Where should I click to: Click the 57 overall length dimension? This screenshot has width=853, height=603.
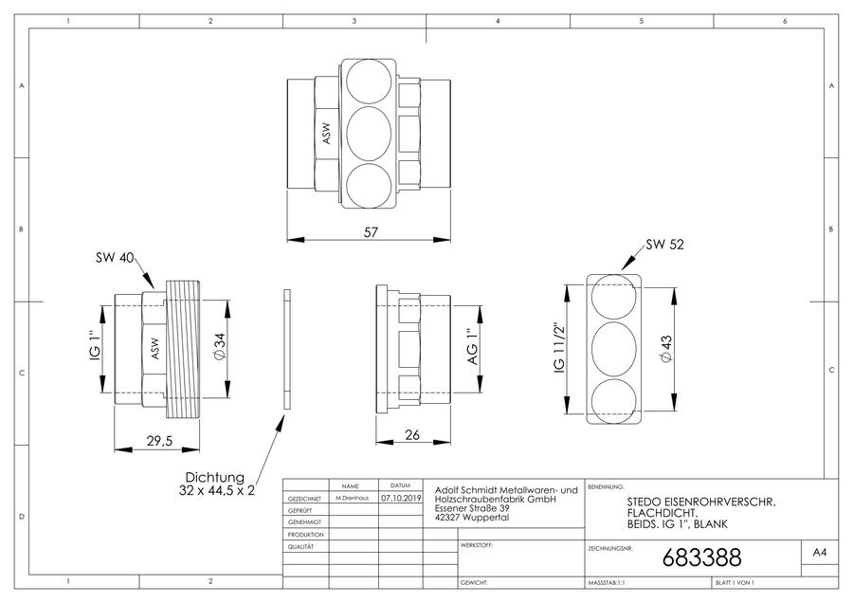coord(371,232)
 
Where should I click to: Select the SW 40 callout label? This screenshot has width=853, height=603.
coord(115,258)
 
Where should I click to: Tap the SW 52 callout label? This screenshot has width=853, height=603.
coord(664,245)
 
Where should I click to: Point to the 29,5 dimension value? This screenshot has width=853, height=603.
coord(159,440)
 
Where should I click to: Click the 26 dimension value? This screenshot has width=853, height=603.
coord(412,435)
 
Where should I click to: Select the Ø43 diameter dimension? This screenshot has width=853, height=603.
coord(666,348)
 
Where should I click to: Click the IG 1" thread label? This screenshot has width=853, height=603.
coord(95,346)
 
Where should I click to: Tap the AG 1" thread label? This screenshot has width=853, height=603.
coord(472,347)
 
